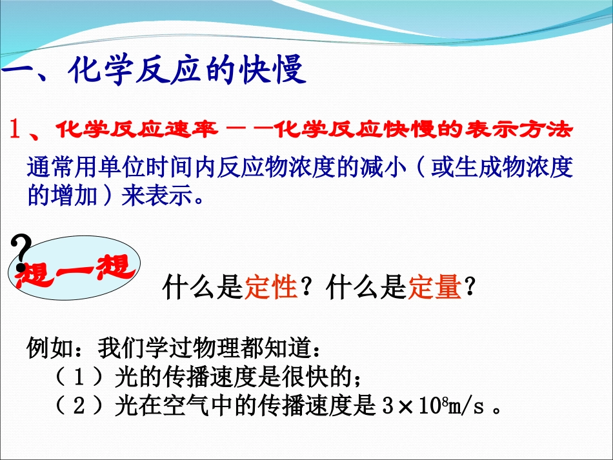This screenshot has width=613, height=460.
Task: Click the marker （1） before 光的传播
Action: pyautogui.click(x=80, y=376)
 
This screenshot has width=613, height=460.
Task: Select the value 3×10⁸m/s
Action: pyautogui.click(x=432, y=406)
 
